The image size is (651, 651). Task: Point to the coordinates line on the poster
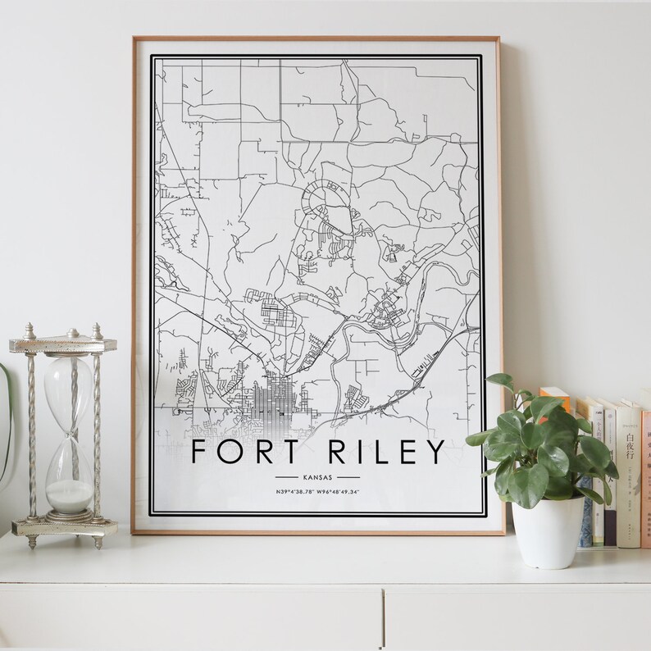coord(318,491)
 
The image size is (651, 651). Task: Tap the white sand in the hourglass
coord(68,495)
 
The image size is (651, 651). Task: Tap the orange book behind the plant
coord(558,402)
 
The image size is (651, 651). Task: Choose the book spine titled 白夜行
coord(628,476)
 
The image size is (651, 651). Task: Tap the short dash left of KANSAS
coord(286,476)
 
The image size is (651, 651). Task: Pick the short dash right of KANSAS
coord(348,476)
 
